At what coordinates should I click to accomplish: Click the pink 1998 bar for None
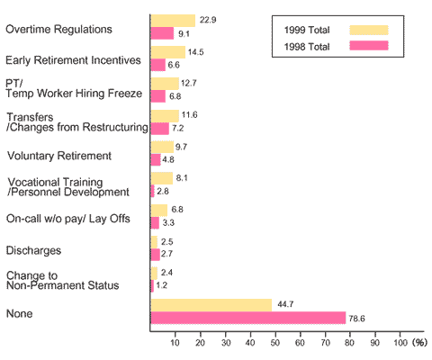(247, 318)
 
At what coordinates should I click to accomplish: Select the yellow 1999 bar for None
(211, 305)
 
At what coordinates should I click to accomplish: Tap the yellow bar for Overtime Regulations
(173, 20)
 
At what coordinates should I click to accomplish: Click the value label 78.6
(359, 318)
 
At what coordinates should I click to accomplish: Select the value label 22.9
(209, 20)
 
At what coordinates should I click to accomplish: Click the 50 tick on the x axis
(275, 343)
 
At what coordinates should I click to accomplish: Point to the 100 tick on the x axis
(400, 343)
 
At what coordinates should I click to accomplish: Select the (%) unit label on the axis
(419, 343)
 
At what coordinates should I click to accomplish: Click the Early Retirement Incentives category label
(73, 61)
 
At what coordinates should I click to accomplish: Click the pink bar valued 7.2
(159, 128)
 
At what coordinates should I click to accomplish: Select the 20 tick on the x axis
(201, 343)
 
